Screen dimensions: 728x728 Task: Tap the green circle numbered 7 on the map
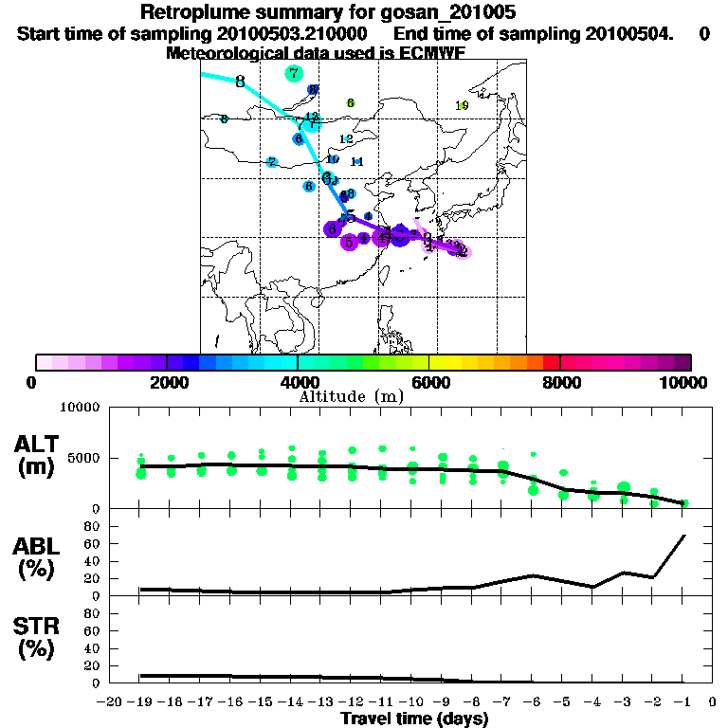294,74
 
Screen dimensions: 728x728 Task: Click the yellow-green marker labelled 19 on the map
462,105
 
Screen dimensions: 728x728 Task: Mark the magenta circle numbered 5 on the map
350,242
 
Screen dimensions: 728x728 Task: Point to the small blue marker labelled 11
357,162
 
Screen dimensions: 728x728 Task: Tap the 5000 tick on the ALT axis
86,459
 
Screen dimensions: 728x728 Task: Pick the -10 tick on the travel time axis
410,701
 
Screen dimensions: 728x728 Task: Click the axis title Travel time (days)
414,719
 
